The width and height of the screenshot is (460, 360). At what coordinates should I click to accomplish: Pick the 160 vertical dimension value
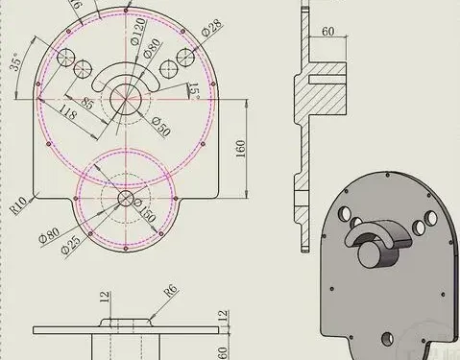pyautogui.click(x=240, y=149)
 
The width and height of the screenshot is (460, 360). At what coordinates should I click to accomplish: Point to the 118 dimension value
pyautogui.click(x=68, y=113)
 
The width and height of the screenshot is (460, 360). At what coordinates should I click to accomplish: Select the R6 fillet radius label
pyautogui.click(x=171, y=288)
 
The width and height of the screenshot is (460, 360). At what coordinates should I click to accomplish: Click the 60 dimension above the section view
pyautogui.click(x=327, y=32)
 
